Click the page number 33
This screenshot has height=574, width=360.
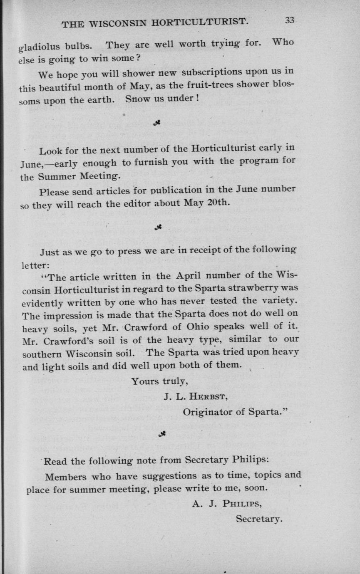click(x=290, y=20)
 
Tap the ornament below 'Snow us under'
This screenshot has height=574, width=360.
click(x=156, y=122)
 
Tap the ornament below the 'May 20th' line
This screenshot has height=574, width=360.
click(x=157, y=227)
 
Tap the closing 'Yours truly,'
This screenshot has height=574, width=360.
click(x=160, y=381)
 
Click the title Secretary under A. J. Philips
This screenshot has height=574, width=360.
click(x=259, y=519)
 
